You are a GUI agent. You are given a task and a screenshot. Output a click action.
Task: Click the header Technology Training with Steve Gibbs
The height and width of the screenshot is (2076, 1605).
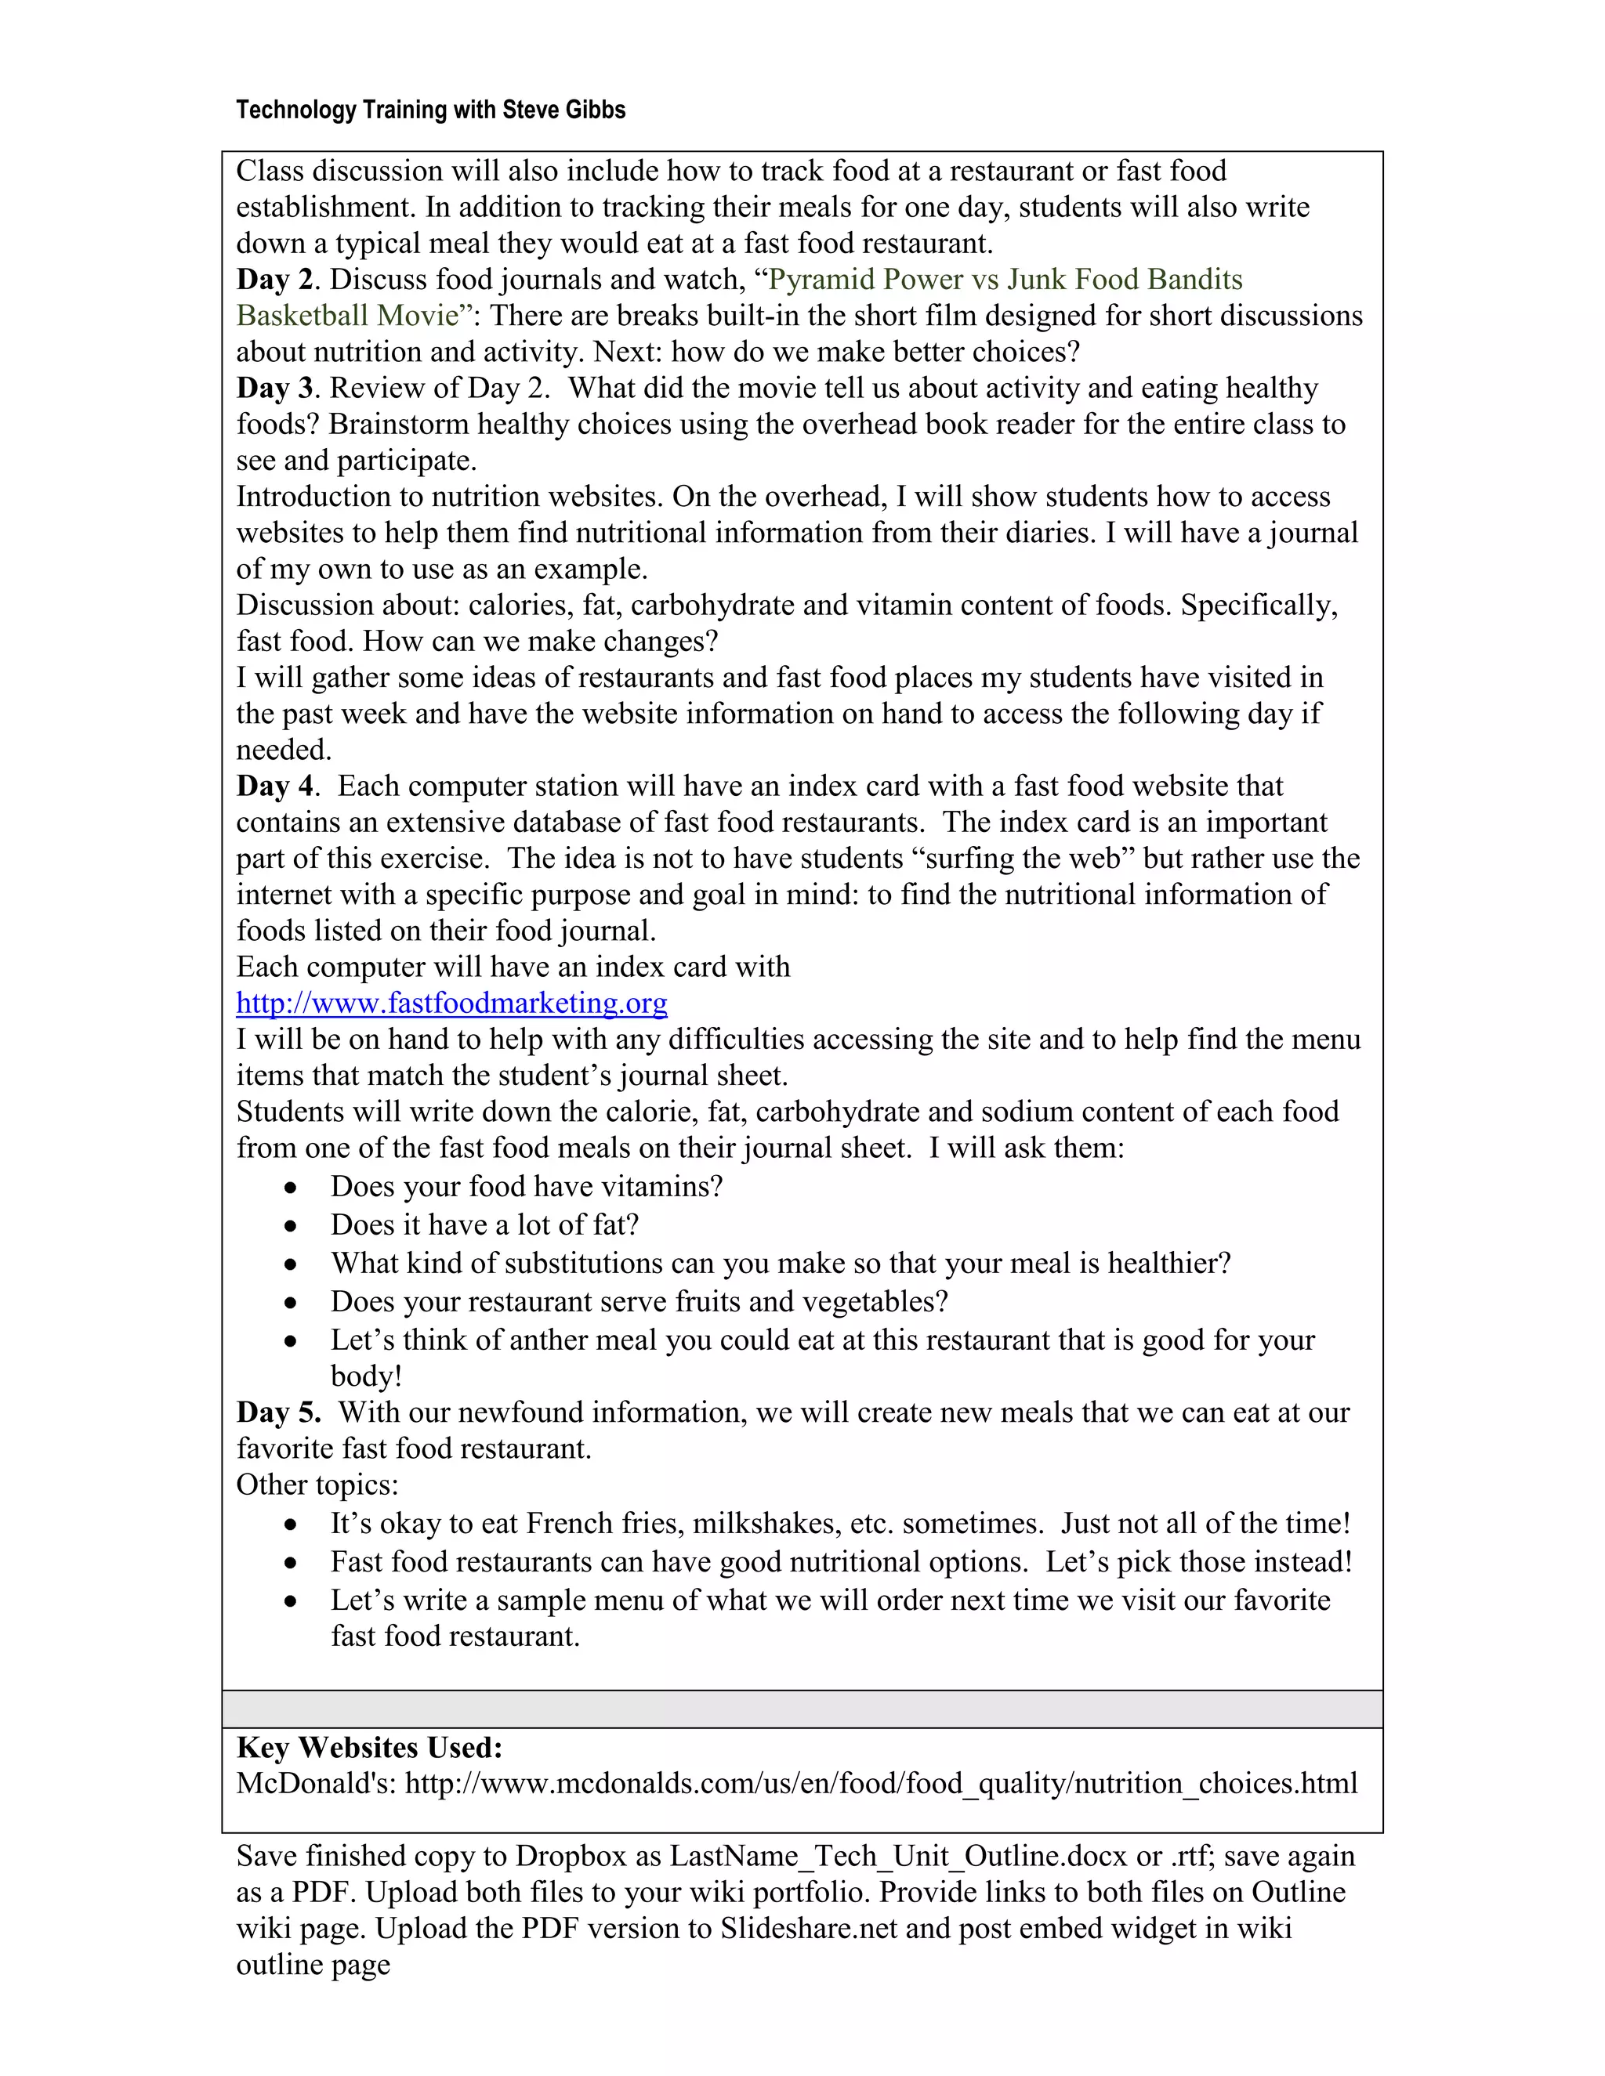(x=431, y=110)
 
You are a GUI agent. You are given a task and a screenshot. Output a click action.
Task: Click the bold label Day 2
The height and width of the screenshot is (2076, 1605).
(x=275, y=280)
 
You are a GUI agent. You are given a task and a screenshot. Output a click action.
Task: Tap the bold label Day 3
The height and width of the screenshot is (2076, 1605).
(x=275, y=388)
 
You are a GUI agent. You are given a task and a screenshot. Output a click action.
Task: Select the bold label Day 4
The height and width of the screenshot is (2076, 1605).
(x=275, y=786)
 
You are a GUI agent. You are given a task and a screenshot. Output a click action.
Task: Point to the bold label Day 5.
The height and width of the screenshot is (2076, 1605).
(x=277, y=1412)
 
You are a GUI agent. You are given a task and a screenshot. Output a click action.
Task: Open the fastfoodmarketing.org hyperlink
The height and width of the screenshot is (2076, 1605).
(x=451, y=1004)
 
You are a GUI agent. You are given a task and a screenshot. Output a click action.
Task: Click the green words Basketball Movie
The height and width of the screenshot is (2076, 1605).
(x=347, y=316)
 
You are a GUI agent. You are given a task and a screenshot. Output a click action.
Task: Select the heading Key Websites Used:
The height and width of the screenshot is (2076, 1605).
(x=369, y=1747)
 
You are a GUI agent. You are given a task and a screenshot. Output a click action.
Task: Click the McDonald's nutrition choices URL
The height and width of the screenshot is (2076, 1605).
(x=880, y=1783)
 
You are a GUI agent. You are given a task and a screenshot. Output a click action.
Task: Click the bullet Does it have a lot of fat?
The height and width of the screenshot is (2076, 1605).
(x=484, y=1225)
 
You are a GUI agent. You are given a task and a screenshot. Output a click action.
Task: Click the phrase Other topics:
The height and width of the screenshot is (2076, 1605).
(x=317, y=1485)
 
